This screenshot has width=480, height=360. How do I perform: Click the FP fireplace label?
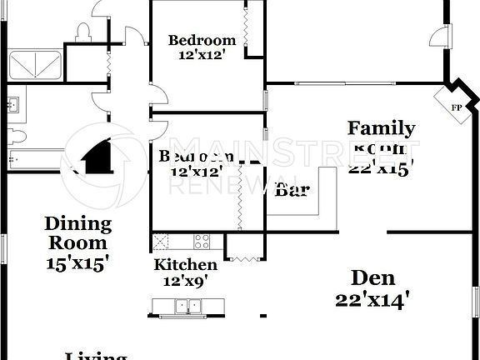coord(457,107)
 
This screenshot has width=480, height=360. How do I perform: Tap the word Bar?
coord(292,190)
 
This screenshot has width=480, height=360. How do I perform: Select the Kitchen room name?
coord(186,265)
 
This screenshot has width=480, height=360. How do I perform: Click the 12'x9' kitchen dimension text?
coord(186,282)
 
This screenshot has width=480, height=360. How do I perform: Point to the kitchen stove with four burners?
coord(202,242)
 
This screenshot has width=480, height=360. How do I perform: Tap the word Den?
coord(372,277)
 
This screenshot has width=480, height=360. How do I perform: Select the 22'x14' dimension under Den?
coord(372,300)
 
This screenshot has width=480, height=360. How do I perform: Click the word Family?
coord(381,128)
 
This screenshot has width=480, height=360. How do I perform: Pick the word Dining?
coord(77,223)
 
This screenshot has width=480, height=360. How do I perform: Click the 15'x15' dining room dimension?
coord(77,262)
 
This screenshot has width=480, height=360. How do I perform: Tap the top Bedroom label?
coord(202,40)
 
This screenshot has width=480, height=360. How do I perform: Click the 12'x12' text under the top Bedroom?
coord(202,55)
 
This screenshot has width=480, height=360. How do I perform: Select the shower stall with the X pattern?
coord(34,66)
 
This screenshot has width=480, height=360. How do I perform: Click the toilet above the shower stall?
coord(82,33)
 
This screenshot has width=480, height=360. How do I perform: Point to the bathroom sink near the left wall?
coord(13,105)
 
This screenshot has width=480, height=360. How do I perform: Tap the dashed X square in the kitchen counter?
coord(160,242)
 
